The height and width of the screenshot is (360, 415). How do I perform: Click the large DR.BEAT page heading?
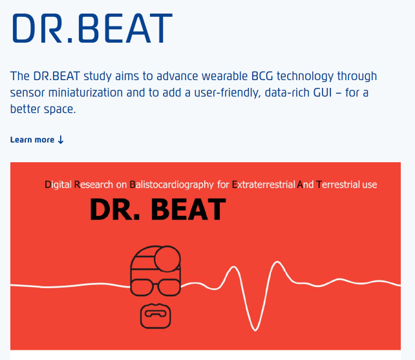92,29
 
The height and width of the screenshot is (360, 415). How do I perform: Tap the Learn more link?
32,140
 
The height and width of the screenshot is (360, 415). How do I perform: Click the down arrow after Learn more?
61,140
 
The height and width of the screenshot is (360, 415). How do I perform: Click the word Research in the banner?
95,185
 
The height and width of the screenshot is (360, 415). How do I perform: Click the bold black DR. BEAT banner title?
157,209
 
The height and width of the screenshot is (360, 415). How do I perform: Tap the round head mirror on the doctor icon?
166,259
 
